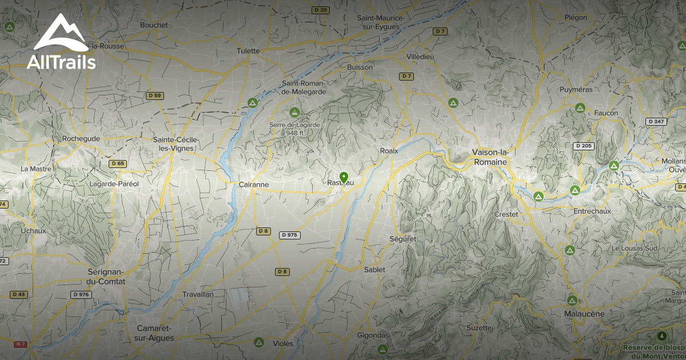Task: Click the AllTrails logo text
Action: click(x=61, y=62)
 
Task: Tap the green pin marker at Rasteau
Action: click(x=344, y=178)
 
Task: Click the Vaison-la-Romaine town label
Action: click(x=490, y=157)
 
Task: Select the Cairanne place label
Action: click(x=253, y=185)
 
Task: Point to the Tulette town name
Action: click(x=248, y=51)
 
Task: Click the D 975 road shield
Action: click(x=290, y=235)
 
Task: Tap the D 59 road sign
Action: click(x=154, y=95)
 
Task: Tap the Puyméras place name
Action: click(x=576, y=90)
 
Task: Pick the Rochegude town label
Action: click(x=81, y=138)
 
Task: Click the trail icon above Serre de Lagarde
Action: click(x=294, y=111)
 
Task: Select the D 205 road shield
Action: click(x=584, y=146)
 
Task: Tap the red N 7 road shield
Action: click(x=21, y=344)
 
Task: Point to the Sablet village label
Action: click(x=374, y=269)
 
